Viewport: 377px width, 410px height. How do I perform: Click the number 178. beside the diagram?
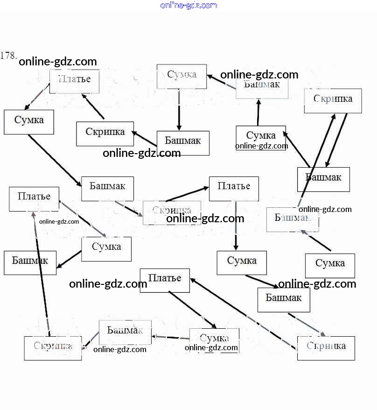[x=9, y=56]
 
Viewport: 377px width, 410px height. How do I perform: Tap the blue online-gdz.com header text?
[x=188, y=5]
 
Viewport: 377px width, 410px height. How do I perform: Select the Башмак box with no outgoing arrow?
[x=30, y=262]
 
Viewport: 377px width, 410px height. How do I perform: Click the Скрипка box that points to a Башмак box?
[x=333, y=100]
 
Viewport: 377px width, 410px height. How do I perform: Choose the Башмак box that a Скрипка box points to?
[x=323, y=179]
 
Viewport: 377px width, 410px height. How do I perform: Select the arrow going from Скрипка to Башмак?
[x=336, y=140]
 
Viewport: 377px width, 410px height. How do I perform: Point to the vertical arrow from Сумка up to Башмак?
[x=258, y=112]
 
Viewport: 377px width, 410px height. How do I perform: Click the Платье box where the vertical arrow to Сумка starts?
[x=234, y=188]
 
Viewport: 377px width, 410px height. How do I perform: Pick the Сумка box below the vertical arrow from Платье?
[x=241, y=262]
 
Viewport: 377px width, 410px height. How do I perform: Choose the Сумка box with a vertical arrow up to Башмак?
[x=260, y=137]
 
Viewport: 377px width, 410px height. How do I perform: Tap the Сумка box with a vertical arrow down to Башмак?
[x=181, y=76]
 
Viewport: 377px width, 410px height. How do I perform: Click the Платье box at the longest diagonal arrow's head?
[x=165, y=280]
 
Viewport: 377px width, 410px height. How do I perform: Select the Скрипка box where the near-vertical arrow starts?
[x=53, y=348]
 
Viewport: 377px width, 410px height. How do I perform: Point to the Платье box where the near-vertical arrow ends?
[x=34, y=198]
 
